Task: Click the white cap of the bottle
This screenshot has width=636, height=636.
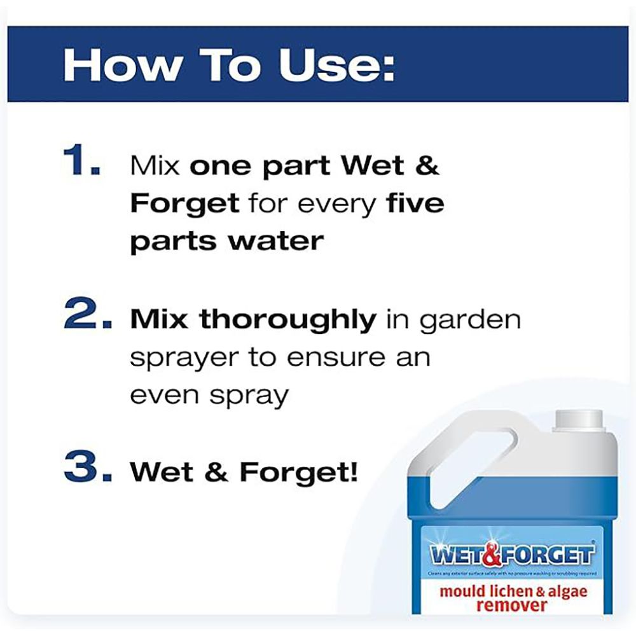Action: (577, 420)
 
